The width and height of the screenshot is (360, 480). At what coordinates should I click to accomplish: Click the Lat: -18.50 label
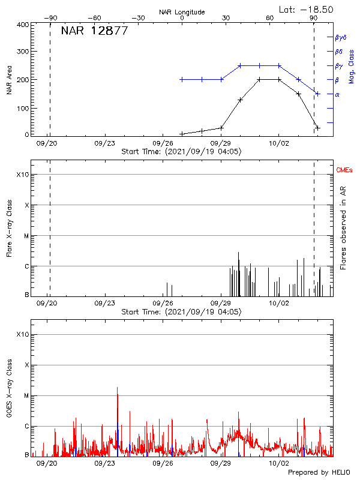[307, 9]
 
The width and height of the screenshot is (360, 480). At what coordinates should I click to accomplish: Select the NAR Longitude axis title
[182, 12]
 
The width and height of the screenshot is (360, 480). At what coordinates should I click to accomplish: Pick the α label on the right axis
[337, 94]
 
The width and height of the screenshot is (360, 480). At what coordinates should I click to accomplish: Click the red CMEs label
[345, 171]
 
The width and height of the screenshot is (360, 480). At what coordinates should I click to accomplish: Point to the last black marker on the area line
[318, 128]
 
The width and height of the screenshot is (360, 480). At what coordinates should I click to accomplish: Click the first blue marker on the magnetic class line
[182, 79]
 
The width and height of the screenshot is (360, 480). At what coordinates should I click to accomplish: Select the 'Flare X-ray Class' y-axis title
[9, 234]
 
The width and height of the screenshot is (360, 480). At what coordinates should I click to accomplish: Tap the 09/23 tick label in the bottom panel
[105, 463]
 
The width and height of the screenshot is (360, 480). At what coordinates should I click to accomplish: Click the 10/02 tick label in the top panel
[278, 143]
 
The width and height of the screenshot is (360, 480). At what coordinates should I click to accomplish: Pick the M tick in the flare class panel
[25, 236]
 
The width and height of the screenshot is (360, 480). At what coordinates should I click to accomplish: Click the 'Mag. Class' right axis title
[352, 66]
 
